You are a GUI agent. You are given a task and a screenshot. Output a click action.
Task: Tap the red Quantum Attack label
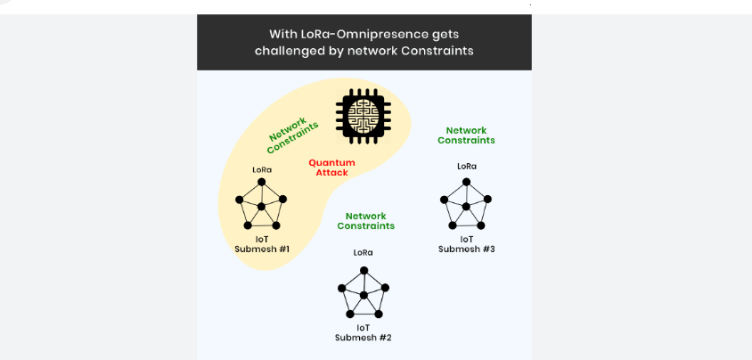coord(331,168)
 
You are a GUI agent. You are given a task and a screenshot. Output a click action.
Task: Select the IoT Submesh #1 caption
coord(262,243)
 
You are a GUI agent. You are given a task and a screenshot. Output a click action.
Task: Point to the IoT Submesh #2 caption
coord(364,331)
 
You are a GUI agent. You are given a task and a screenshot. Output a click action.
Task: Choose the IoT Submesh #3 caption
coord(466,243)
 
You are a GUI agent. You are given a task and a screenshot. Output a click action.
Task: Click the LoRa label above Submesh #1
coord(262,169)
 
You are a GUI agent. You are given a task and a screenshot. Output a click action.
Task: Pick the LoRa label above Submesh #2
coord(363,252)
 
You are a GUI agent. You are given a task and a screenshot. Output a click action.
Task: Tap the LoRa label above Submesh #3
coord(466,166)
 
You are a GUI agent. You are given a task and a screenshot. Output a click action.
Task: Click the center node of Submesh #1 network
coord(262,207)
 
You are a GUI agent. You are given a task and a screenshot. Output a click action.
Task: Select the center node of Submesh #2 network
coord(364,294)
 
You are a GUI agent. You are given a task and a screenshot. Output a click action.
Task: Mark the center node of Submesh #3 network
coord(466,207)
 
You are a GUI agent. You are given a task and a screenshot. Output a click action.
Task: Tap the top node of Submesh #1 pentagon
coord(262,182)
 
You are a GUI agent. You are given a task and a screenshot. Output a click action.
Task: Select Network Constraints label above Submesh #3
coord(466,135)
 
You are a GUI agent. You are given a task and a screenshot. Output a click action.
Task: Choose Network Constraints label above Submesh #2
coord(365,221)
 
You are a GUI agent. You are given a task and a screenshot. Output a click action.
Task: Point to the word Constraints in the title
coord(437,51)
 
